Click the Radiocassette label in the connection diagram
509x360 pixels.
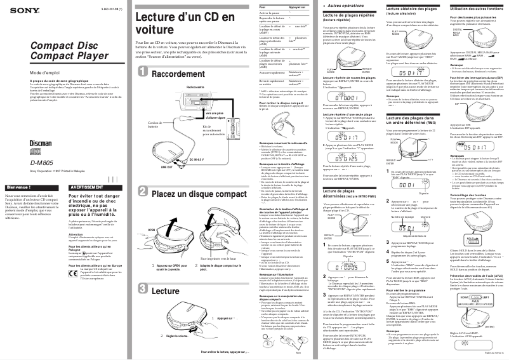pos(178,86)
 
